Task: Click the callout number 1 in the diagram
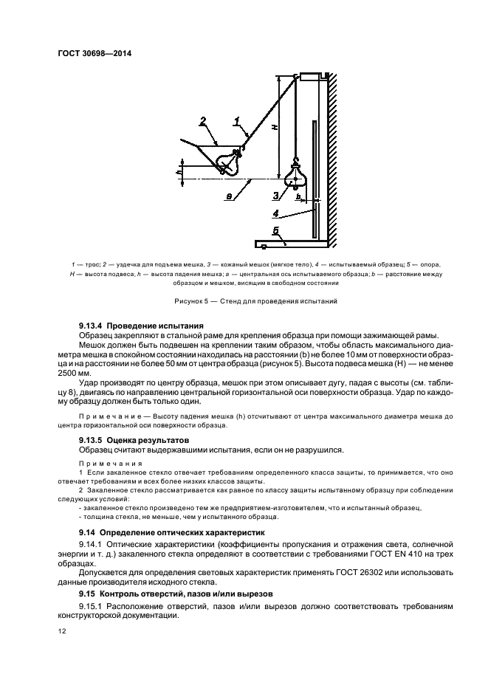click(x=236, y=119)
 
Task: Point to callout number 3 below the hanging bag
click(x=275, y=196)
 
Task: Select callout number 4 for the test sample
click(x=275, y=215)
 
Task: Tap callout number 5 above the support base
click(x=275, y=231)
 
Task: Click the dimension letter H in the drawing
click(x=273, y=127)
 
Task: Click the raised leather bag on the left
click(x=228, y=161)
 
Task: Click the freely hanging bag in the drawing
click(x=295, y=176)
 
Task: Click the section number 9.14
click(x=90, y=532)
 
